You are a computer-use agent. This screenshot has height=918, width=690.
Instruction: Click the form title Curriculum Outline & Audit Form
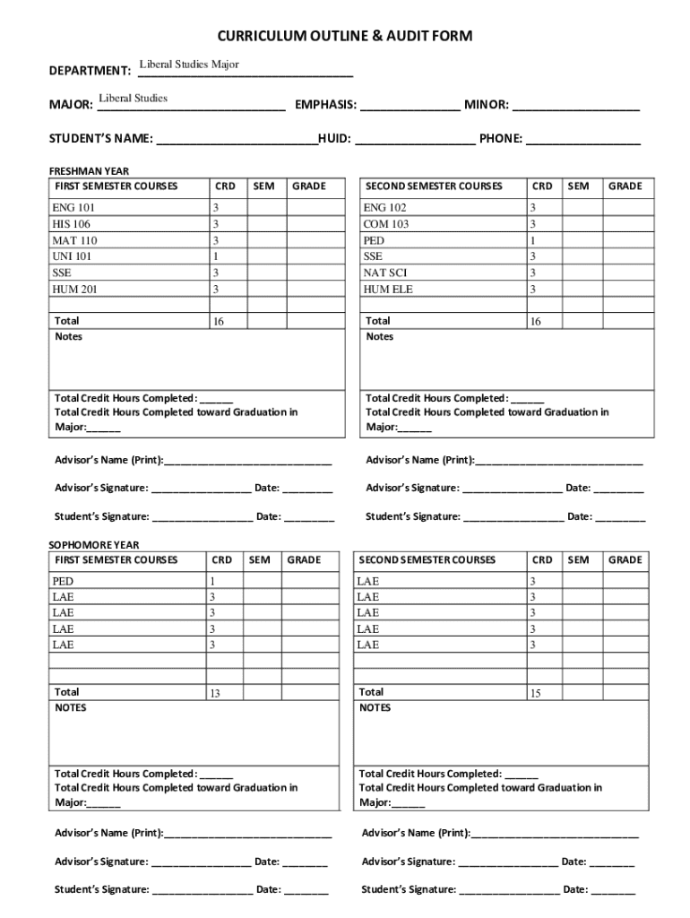344,37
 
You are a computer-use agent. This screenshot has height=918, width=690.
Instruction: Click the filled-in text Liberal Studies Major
188,65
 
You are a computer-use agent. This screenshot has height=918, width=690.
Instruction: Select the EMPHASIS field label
325,106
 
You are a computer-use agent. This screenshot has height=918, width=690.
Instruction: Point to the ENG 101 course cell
73,208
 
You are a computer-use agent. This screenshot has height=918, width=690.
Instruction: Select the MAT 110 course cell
74,240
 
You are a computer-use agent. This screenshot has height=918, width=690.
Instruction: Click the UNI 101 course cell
72,256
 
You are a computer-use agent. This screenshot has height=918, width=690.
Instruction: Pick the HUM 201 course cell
74,289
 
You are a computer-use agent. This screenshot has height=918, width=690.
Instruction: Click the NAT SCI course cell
384,273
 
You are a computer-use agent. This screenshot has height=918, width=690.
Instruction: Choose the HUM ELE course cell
388,289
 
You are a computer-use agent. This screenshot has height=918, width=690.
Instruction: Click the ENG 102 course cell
384,208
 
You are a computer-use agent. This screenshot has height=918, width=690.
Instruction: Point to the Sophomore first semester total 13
215,694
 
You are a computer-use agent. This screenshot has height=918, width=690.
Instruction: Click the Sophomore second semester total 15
535,694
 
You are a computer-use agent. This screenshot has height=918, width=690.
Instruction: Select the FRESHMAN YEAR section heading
89,170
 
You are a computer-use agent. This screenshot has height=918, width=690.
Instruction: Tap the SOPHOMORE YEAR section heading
93,544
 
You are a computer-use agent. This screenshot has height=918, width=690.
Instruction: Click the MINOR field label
486,106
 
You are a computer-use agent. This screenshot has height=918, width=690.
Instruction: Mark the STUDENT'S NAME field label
100,140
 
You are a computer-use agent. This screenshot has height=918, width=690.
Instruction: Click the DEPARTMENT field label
90,71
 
